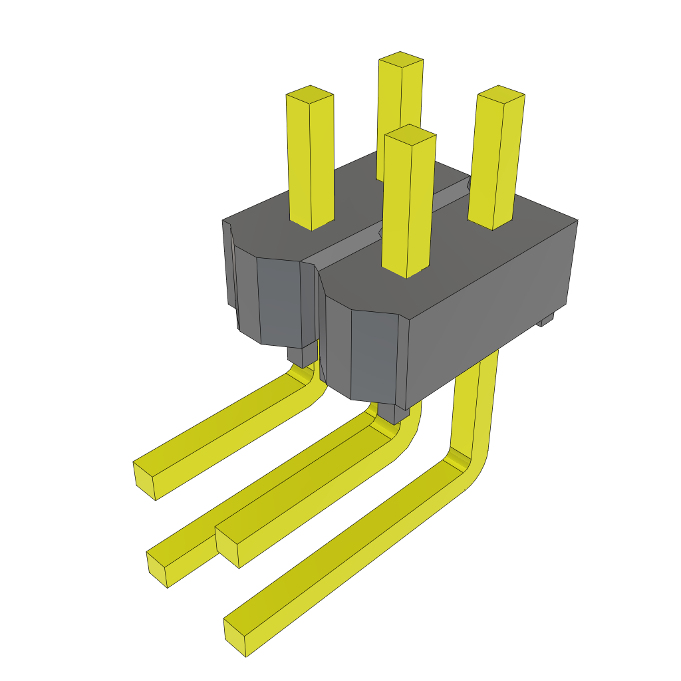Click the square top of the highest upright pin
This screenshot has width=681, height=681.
tap(401, 59)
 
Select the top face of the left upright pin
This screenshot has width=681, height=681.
tap(309, 93)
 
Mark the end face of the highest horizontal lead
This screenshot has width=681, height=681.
tap(144, 480)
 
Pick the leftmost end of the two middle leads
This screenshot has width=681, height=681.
tap(157, 569)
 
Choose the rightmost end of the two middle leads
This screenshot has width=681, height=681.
tap(227, 549)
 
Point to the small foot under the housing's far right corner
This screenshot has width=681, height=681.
tap(546, 321)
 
